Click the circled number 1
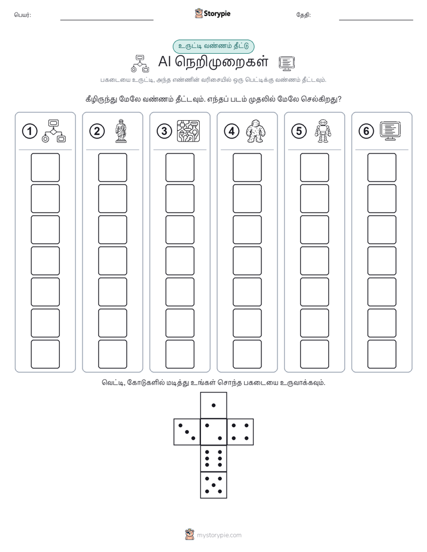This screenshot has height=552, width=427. pyautogui.click(x=29, y=131)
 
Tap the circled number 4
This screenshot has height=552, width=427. pyautogui.click(x=231, y=131)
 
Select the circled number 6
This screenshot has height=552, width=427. pyautogui.click(x=366, y=131)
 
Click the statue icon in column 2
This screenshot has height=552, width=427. pyautogui.click(x=121, y=131)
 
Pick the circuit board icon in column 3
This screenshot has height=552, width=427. pyautogui.click(x=188, y=131)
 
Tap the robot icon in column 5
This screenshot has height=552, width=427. pyautogui.click(x=323, y=131)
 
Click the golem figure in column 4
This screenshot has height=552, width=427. pyautogui.click(x=255, y=131)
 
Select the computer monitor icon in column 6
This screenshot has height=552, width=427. pyautogui.click(x=391, y=131)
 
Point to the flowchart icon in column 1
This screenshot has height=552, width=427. pyautogui.click(x=54, y=131)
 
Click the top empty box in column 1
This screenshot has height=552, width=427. pyautogui.click(x=45, y=167)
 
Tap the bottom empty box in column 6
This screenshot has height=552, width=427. pyautogui.click(x=382, y=354)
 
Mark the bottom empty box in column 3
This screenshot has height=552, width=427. pyautogui.click(x=179, y=354)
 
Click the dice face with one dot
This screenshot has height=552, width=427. pyautogui.click(x=213, y=405)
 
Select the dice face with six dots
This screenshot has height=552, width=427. pyautogui.click(x=213, y=459)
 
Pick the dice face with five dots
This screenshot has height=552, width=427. pyautogui.click(x=213, y=485)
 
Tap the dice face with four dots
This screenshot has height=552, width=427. pyautogui.click(x=240, y=432)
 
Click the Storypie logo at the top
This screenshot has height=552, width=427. pyautogui.click(x=212, y=14)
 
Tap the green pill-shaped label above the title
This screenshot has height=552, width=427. pyautogui.click(x=213, y=46)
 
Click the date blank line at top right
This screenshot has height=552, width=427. pyautogui.click(x=376, y=20)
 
